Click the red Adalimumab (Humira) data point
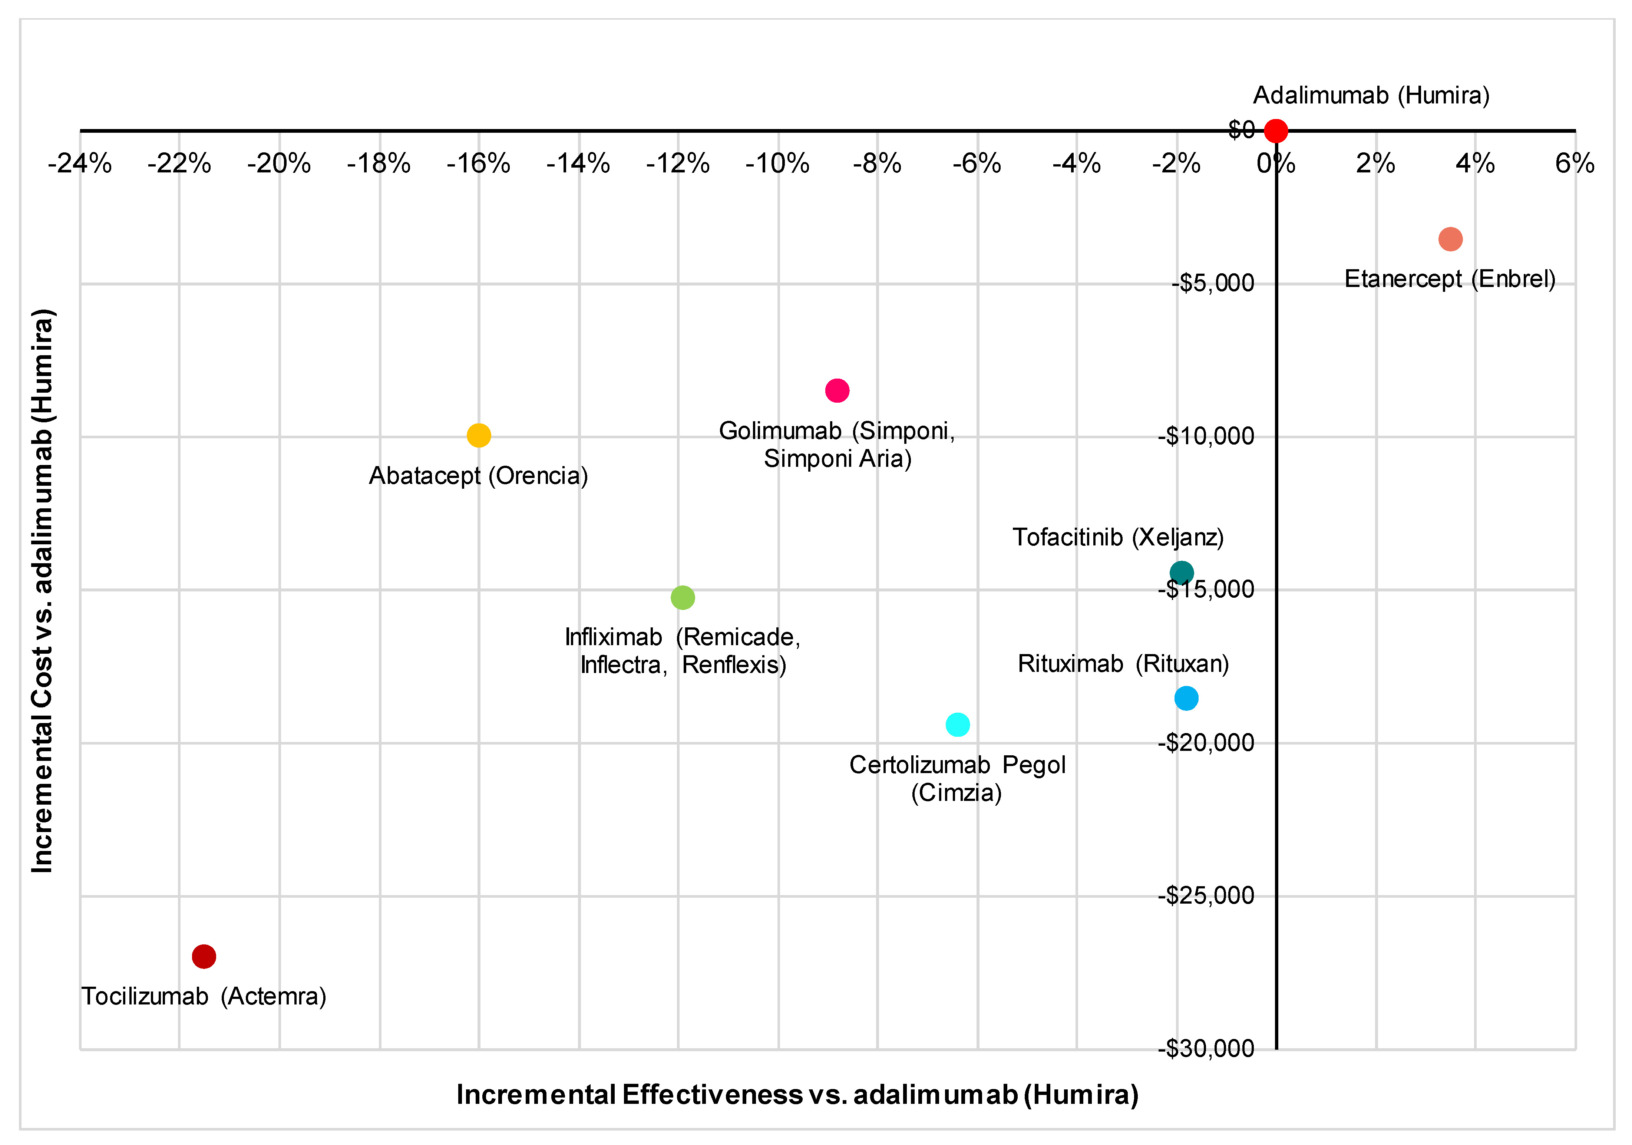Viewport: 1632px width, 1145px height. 1275,131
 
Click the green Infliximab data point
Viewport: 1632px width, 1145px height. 683,598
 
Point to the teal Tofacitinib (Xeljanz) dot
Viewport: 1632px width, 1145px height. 1181,572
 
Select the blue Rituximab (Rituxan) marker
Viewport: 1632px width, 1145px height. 1186,699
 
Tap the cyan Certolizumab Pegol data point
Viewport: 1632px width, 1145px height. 958,725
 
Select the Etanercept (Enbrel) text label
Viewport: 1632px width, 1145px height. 1450,278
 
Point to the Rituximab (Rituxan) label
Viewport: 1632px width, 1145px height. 1123,664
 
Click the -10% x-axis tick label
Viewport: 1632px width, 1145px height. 777,164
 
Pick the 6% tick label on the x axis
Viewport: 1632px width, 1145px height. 1575,164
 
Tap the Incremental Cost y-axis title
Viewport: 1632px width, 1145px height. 43,590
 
